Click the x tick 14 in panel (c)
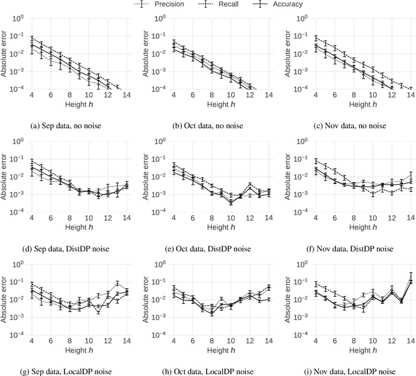(411, 95)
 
